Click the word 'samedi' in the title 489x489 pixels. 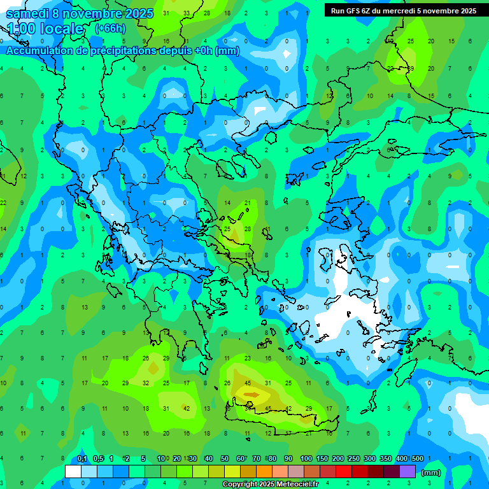[27, 13]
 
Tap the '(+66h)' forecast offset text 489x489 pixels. [110, 29]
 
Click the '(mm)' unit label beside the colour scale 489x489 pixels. [431, 472]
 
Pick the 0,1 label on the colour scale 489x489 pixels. [82, 458]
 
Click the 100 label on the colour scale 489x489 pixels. [306, 458]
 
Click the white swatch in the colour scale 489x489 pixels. [73, 472]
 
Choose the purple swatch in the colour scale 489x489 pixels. [407, 472]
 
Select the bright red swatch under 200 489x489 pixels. [344, 472]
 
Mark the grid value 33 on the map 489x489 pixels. [187, 13]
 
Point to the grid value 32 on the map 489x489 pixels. [146, 383]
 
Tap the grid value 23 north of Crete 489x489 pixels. [248, 358]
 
